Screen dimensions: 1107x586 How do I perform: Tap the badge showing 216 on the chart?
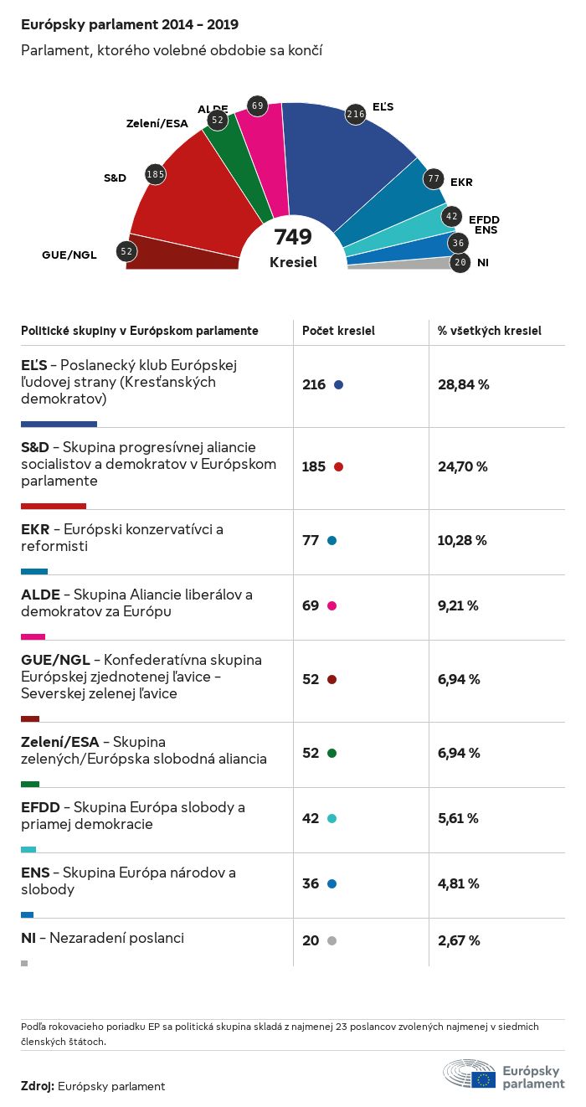coord(356,114)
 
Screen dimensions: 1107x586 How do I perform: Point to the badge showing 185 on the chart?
coord(155,174)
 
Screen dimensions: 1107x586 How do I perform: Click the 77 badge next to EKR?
coord(433,178)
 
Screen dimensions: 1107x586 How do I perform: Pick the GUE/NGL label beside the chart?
coord(69,255)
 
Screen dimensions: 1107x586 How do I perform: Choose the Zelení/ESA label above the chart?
coord(157,124)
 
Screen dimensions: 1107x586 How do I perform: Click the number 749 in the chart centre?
coord(293,237)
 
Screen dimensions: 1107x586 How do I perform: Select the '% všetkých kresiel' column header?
coord(489,331)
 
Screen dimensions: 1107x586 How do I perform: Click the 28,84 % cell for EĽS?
coord(463,384)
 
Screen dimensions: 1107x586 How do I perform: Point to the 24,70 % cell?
coord(462,466)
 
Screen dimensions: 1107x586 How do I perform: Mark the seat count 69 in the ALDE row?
coord(311,605)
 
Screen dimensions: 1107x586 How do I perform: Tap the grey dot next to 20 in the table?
coord(332,941)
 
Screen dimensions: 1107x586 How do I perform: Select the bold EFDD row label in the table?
coord(40,807)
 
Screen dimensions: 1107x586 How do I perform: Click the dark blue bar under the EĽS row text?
coord(59,424)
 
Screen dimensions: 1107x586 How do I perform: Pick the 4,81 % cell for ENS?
coord(458,883)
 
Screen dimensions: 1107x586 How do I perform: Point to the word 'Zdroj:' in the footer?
coord(38,1086)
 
